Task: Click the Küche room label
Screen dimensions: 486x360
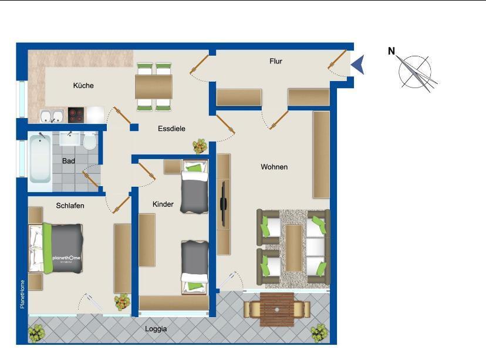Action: [83, 85]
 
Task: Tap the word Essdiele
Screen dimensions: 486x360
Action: [171, 129]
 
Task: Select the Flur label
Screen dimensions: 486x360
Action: [276, 61]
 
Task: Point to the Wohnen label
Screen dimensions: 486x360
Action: [274, 167]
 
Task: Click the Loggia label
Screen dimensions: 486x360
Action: [156, 329]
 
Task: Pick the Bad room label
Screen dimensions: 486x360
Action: [69, 161]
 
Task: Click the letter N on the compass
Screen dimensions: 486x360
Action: [392, 51]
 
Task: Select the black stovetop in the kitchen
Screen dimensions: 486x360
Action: [76, 115]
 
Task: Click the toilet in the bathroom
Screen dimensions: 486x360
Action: [90, 142]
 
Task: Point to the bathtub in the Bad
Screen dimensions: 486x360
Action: [40, 159]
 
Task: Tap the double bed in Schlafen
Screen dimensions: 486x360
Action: [56, 248]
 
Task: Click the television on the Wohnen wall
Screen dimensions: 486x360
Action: [224, 204]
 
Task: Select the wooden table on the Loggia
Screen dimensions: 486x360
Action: [277, 309]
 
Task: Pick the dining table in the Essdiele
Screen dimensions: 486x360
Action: [154, 87]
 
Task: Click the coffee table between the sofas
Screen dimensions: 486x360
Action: [294, 248]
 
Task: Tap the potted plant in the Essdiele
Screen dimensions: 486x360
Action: [200, 146]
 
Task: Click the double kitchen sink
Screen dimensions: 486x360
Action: [52, 116]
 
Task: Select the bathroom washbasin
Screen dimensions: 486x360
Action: [70, 139]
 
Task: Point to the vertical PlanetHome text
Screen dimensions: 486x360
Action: [22, 294]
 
